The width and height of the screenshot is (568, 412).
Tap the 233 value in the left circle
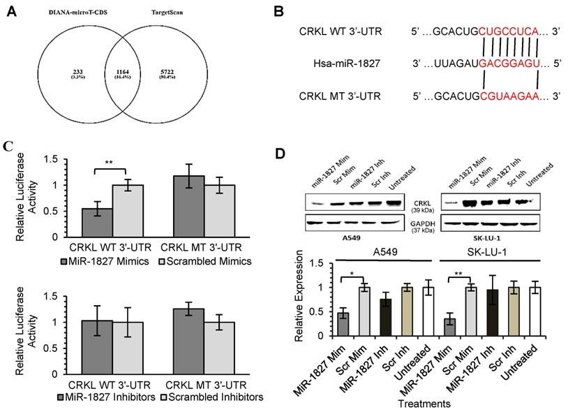[77, 71]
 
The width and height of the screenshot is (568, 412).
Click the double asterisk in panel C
[110, 162]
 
